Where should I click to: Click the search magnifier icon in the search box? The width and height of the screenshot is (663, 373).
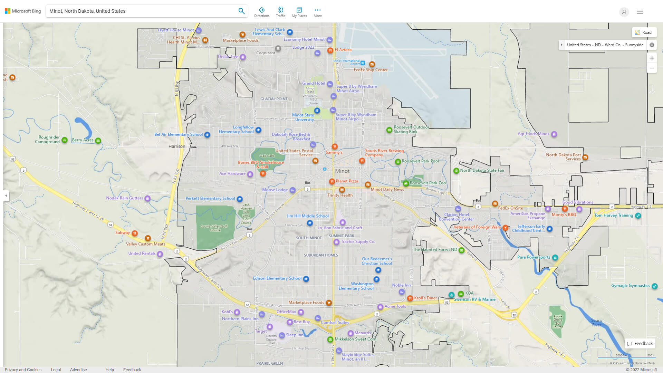click(241, 11)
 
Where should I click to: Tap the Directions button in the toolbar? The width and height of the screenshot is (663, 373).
click(261, 12)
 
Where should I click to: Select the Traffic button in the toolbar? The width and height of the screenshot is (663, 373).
click(280, 12)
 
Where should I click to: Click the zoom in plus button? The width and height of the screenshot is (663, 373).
click(652, 58)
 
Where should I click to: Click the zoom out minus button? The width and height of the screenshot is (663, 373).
click(652, 68)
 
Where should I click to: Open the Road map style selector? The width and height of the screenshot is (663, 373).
click(644, 32)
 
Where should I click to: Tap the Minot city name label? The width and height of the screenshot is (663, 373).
click(342, 171)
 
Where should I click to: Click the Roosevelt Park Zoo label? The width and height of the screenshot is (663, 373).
click(427, 183)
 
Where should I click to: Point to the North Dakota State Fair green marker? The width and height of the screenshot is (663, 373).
click(456, 171)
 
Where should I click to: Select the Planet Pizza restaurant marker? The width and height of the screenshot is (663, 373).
click(331, 181)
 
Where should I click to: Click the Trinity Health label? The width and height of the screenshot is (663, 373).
click(340, 195)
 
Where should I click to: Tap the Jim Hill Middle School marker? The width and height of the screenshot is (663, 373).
click(310, 223)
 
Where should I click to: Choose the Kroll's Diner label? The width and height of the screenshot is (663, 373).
click(425, 298)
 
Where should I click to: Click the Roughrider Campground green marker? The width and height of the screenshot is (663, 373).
click(65, 140)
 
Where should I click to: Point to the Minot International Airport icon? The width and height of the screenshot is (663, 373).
click(363, 63)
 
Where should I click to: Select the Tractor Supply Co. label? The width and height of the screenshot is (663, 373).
click(358, 242)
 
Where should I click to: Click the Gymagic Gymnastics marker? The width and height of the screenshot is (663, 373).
click(654, 286)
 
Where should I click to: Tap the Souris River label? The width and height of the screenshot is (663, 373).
click(596, 323)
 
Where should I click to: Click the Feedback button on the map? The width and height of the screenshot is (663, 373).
click(640, 343)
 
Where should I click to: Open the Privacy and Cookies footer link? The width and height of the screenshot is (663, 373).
click(23, 370)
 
